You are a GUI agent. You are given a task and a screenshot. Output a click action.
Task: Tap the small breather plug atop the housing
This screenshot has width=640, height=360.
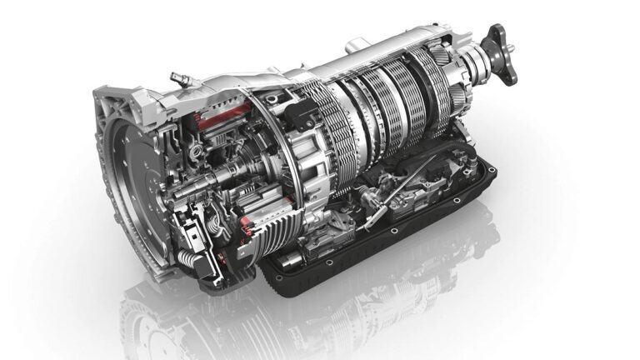[177, 78]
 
